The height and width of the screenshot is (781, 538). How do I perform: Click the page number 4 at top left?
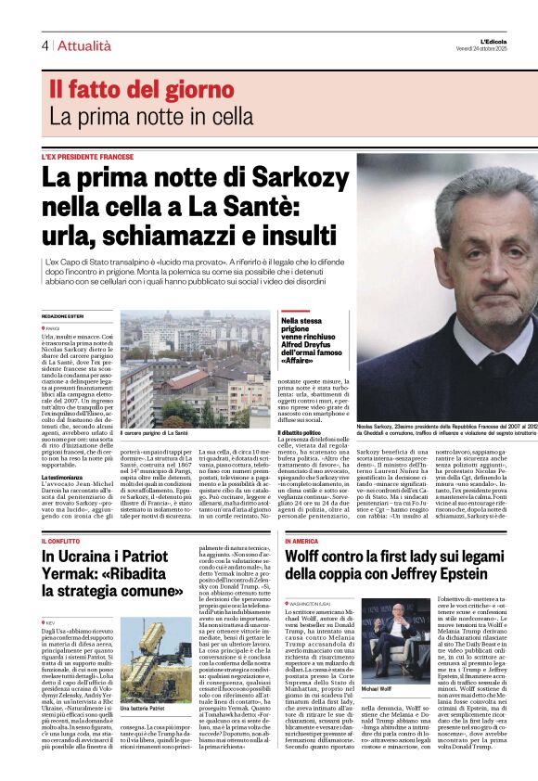pos(45,45)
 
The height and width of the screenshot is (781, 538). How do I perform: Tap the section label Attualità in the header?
pos(84,45)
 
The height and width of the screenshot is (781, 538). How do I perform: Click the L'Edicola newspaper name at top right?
pos(510,41)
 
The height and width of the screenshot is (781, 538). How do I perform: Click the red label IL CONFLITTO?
pos(61,541)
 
